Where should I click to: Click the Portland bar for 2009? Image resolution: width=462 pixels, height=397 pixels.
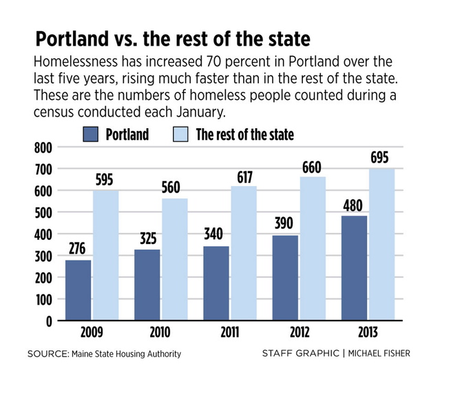tap(78, 290)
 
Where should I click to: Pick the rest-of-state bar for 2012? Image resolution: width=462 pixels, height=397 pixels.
tap(313, 248)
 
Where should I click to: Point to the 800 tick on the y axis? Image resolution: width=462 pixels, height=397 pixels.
tap(42, 147)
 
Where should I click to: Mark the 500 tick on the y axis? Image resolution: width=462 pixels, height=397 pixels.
tap(42, 212)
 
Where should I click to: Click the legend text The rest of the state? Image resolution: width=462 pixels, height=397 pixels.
tap(244, 134)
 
